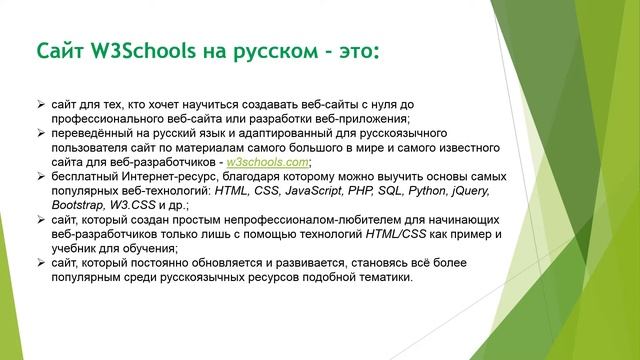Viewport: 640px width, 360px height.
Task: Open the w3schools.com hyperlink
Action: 269,161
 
